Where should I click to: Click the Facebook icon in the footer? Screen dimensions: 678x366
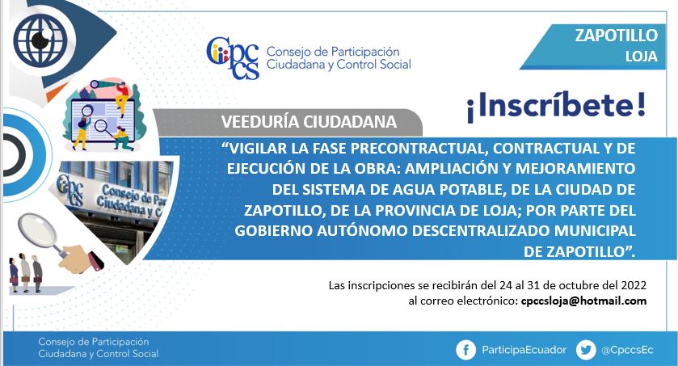pyautogui.click(x=465, y=350)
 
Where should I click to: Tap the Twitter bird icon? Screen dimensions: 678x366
pyautogui.click(x=586, y=350)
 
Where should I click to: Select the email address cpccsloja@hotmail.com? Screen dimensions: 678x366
pyautogui.click(x=583, y=301)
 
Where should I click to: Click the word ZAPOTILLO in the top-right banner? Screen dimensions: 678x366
pyautogui.click(x=616, y=35)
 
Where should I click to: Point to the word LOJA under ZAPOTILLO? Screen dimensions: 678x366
pyautogui.click(x=642, y=57)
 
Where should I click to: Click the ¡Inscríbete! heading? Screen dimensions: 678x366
pyautogui.click(x=556, y=107)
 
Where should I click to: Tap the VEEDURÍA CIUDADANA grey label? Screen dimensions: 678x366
pyautogui.click(x=309, y=122)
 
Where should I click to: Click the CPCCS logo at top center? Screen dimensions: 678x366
pyautogui.click(x=233, y=58)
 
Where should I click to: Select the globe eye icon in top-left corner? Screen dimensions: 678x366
pyautogui.click(x=40, y=40)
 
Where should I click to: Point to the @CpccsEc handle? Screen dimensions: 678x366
pyautogui.click(x=627, y=350)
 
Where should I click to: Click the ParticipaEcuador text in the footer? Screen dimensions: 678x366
pyautogui.click(x=524, y=350)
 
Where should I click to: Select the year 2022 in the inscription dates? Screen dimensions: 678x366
pyautogui.click(x=634, y=285)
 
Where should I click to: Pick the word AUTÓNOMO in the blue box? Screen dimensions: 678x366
pyautogui.click(x=362, y=230)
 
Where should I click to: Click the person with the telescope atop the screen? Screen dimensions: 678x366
pyautogui.click(x=120, y=96)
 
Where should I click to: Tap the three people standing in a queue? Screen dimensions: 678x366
pyautogui.click(x=26, y=274)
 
